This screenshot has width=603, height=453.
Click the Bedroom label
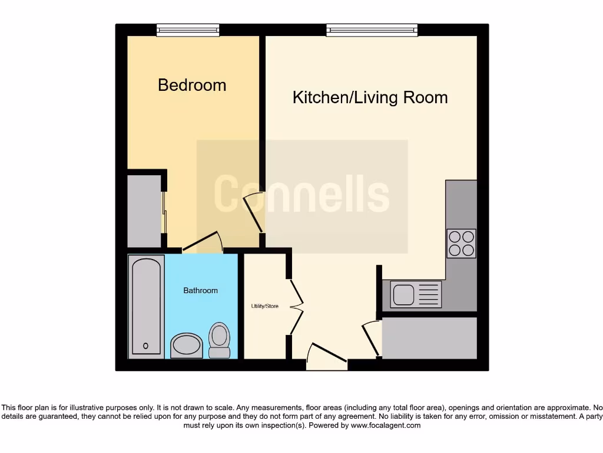click(192, 85)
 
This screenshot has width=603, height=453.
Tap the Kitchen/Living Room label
click(370, 97)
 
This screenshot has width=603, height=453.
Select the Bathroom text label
click(200, 290)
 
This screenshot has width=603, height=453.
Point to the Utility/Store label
click(264, 306)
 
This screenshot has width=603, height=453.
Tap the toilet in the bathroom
click(220, 341)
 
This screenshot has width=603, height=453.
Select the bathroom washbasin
click(187, 346)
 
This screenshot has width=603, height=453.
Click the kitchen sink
click(404, 294)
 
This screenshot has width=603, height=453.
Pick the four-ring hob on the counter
click(461, 243)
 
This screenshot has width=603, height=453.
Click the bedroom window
click(188, 30)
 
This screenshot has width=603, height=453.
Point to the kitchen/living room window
click(372, 30)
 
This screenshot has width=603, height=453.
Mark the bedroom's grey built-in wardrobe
click(144, 211)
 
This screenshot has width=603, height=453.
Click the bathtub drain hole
click(146, 346)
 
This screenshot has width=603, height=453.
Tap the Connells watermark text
click(301, 194)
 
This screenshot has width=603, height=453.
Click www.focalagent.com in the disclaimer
click(386, 425)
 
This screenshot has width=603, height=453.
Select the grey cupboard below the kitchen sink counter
click(429, 338)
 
